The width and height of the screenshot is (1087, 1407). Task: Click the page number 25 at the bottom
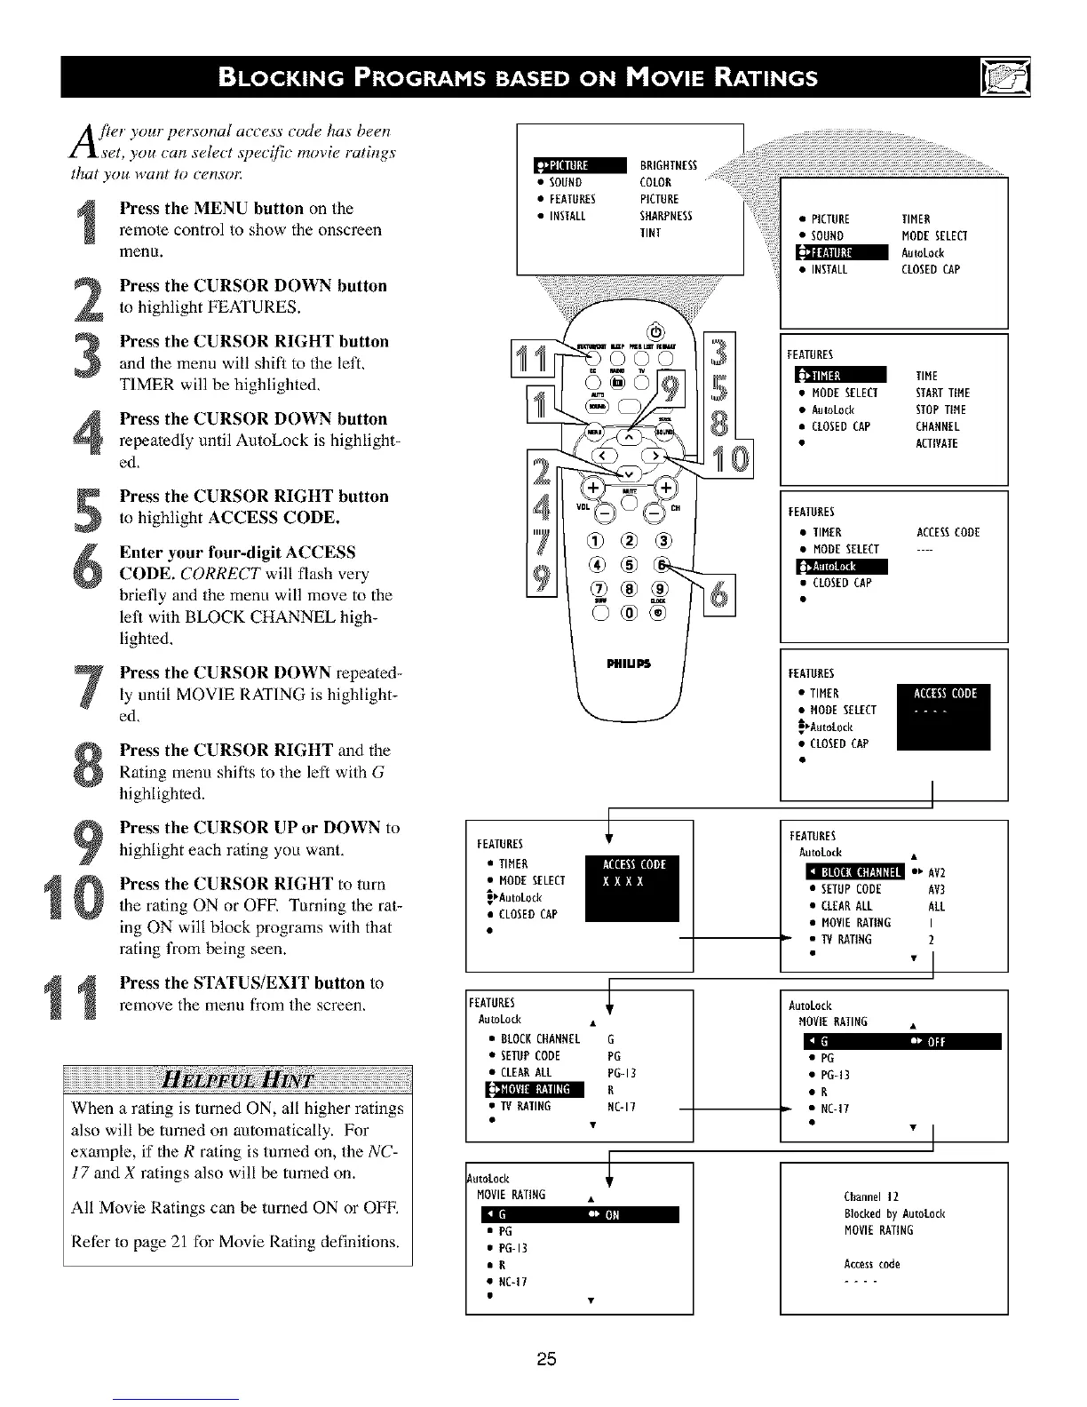[545, 1359]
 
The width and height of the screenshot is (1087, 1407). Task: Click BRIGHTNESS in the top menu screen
[668, 165]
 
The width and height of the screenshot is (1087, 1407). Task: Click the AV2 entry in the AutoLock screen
[936, 872]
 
